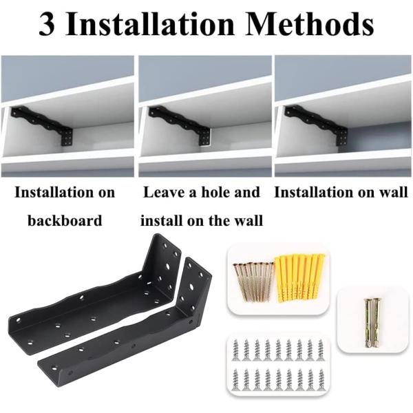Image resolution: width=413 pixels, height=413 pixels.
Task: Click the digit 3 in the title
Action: click(50, 25)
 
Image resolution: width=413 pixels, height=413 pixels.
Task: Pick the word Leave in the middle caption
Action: click(162, 193)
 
